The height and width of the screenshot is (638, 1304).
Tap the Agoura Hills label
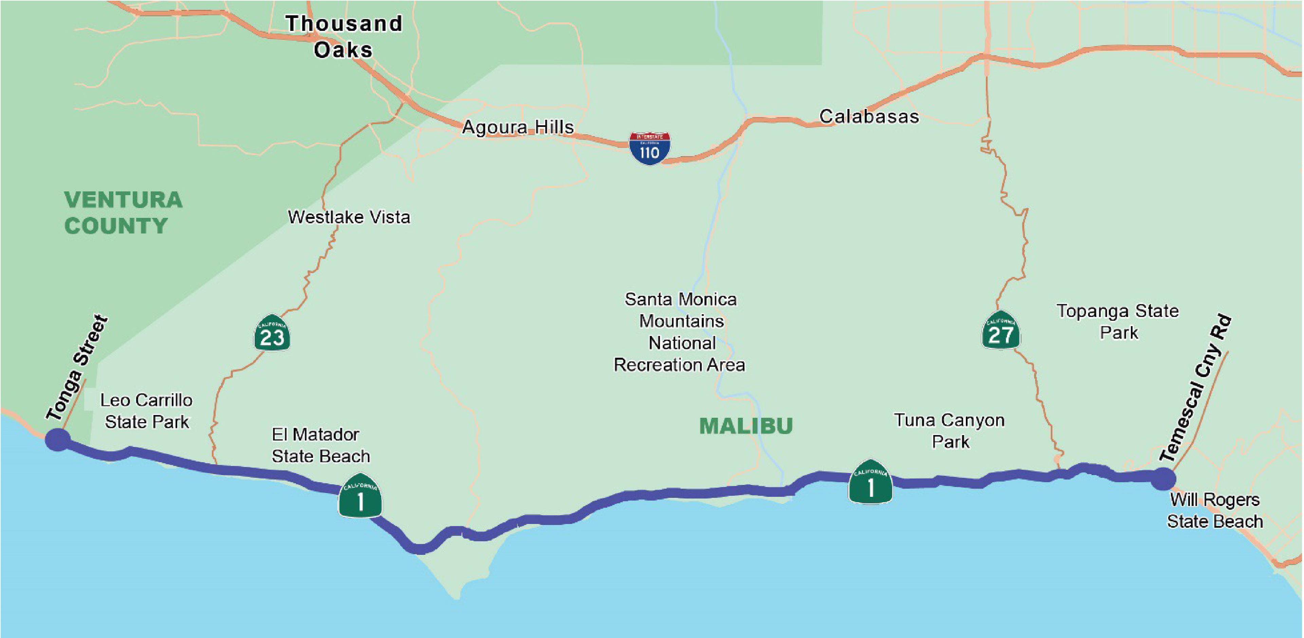pos(518,127)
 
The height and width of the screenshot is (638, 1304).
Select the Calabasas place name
pos(869,116)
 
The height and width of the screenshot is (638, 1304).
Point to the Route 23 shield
pos(272,333)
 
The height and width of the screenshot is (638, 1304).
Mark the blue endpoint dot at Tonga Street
pos(58,439)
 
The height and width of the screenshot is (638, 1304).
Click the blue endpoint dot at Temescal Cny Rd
pos(1163,478)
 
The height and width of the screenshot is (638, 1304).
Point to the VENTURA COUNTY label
pos(123,212)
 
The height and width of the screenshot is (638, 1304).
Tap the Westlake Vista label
pos(349,217)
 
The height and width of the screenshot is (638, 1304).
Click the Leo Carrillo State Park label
pos(146,411)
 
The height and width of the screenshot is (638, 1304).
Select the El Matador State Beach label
pos(320,445)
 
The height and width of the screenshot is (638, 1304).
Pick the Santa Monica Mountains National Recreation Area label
pos(680,332)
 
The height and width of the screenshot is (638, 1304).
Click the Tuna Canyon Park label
pos(949,431)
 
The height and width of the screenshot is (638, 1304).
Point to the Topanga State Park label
pos(1118,321)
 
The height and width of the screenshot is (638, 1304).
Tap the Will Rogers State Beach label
pos(1214,510)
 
